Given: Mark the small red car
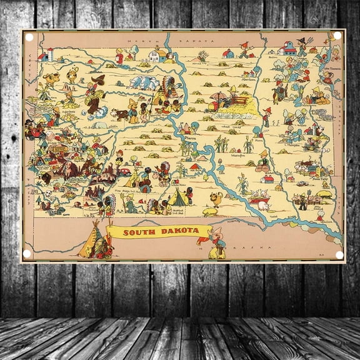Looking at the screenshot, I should [125, 170].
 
